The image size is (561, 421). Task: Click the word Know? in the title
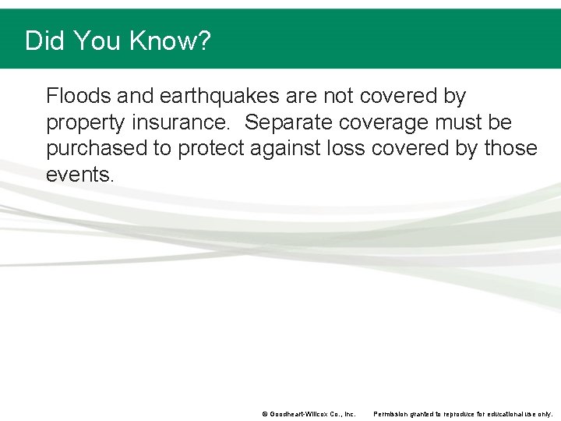tap(171, 41)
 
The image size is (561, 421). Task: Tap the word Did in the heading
tap(44, 41)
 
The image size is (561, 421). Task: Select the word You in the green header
tap(97, 41)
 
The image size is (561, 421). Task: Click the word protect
tap(217, 149)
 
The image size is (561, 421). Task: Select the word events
tap(80, 175)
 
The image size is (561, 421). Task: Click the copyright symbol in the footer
tap(265, 414)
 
